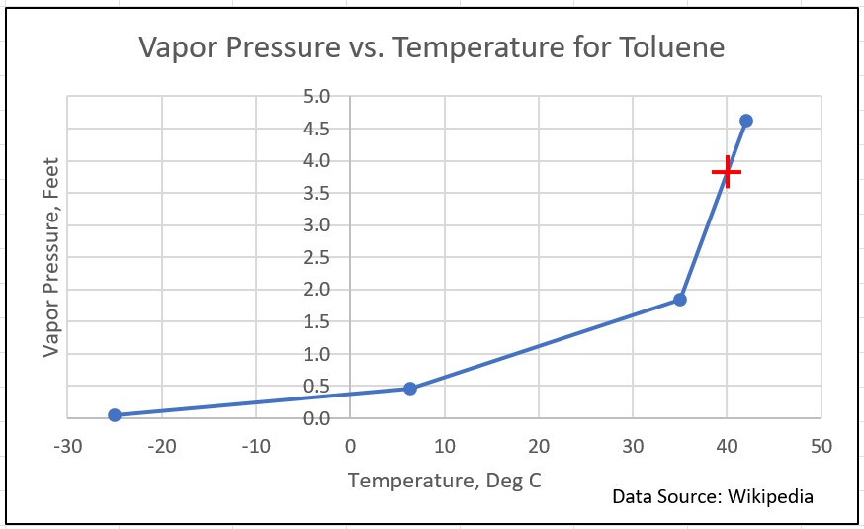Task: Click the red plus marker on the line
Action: pos(728,172)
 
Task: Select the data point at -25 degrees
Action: pos(115,415)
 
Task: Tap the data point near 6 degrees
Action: pos(410,389)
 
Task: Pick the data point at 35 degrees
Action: pos(680,300)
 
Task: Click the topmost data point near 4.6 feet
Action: pos(746,121)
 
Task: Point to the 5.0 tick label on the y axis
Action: pos(317,97)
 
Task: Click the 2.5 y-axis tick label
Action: pos(317,257)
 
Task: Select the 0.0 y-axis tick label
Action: pos(317,418)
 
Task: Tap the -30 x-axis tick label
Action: pos(67,445)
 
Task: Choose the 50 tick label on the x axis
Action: pos(821,445)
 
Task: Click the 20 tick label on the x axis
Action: pos(539,445)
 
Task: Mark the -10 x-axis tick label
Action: pos(255,445)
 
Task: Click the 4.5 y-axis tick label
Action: pos(317,129)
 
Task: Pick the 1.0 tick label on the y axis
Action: pos(317,354)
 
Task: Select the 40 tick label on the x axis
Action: pos(727,445)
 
